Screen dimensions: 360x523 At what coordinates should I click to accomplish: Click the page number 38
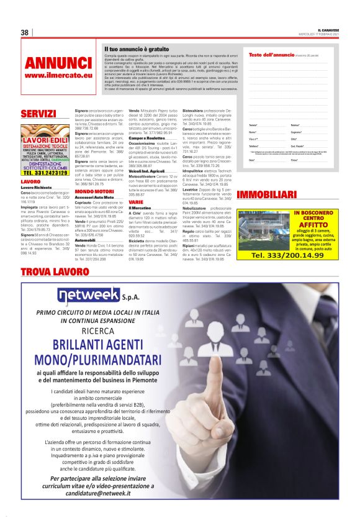tap(25, 33)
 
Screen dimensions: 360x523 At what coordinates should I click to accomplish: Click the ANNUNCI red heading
tap(58, 63)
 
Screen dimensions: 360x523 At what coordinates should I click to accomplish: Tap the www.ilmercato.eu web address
tap(57, 75)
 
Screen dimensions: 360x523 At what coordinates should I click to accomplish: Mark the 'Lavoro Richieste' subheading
tap(38, 187)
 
